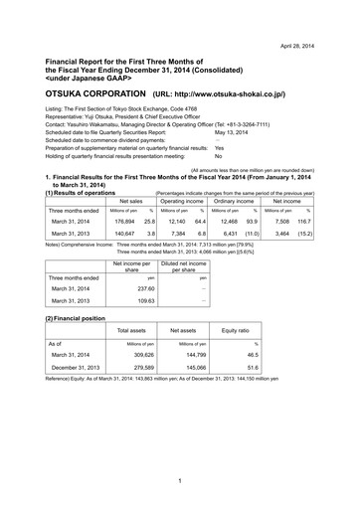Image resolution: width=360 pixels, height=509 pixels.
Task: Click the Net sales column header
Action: pos(130,201)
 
